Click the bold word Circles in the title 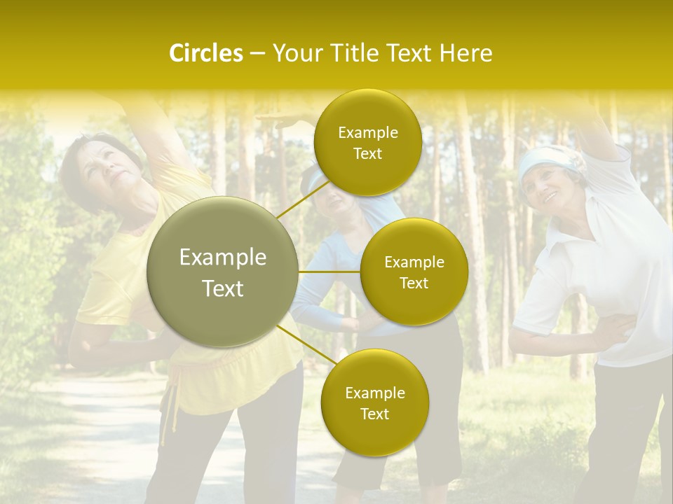pos(205,53)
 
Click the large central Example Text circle pos(222,272)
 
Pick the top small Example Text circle pos(367,142)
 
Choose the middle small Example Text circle pos(414,272)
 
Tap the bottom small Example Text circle pos(374,402)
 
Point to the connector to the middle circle pos(329,272)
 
